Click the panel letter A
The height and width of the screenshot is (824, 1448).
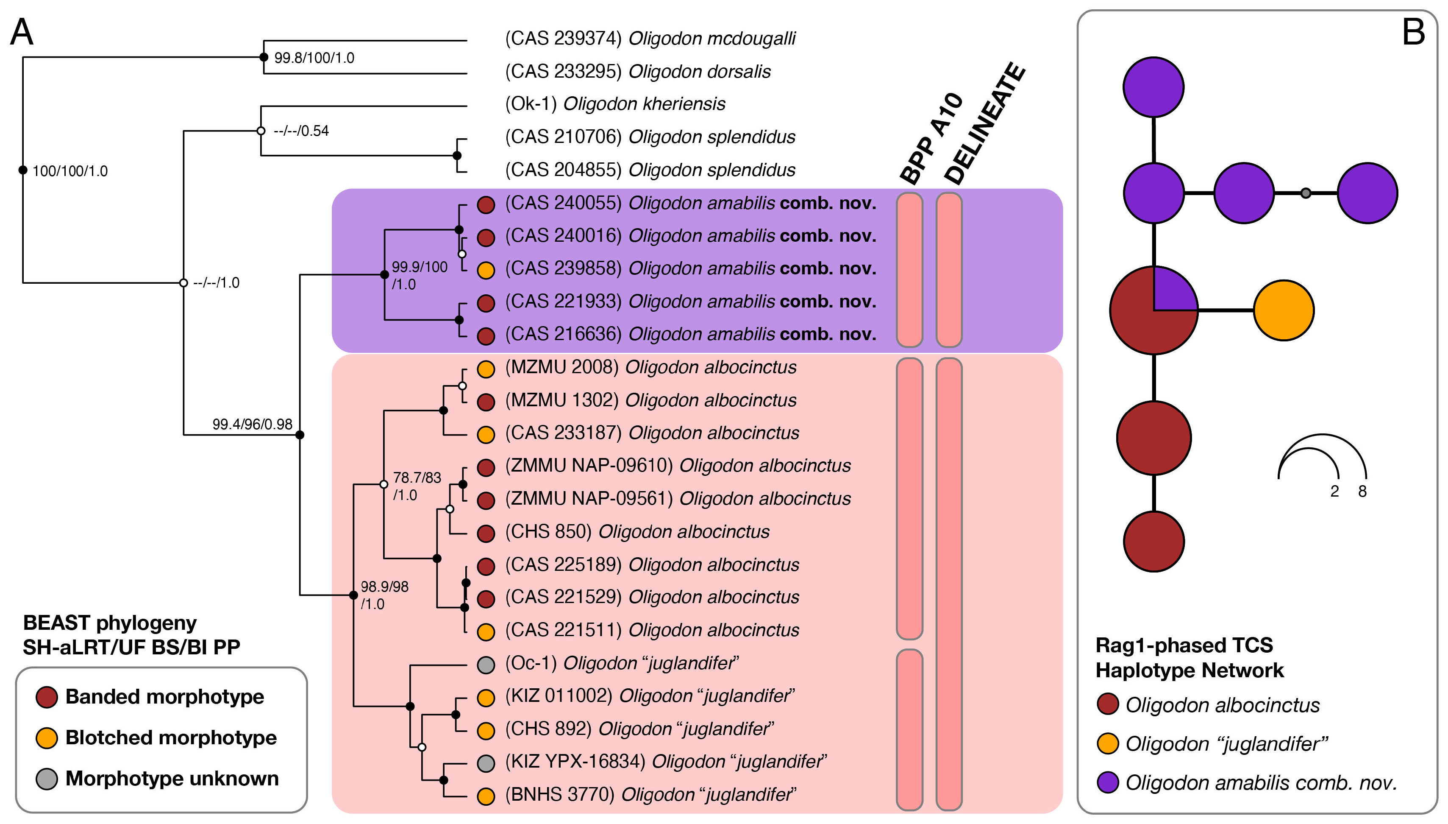(x=22, y=32)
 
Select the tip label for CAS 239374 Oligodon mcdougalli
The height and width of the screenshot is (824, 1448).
(x=650, y=39)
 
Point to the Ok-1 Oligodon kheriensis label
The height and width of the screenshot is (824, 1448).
(x=614, y=104)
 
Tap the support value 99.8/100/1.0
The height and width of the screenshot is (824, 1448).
(x=314, y=58)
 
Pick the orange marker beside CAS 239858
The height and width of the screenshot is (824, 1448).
(x=486, y=270)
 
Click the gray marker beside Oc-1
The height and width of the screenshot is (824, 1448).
(x=486, y=665)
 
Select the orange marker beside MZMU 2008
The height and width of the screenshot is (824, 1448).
(x=486, y=369)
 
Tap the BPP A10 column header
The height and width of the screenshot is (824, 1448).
(x=931, y=139)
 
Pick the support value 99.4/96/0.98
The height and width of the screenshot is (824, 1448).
(x=252, y=425)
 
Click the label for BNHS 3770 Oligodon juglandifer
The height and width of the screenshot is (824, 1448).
(x=650, y=795)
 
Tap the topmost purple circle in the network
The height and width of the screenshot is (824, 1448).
(x=1153, y=87)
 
